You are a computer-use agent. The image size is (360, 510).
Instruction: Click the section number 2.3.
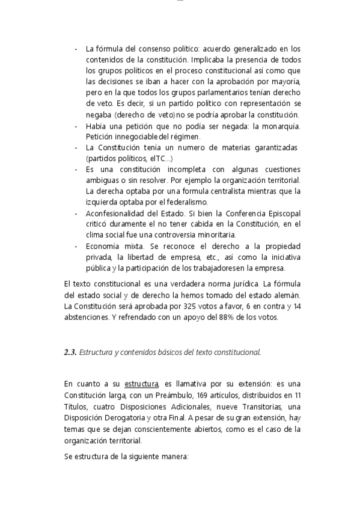point(70,352)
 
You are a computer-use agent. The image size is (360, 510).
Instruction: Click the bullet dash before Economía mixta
point(76,247)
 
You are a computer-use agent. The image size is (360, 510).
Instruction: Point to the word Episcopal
point(283,214)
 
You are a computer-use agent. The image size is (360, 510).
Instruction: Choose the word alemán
point(286,296)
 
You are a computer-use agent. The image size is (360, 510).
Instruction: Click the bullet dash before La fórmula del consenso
point(76,49)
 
